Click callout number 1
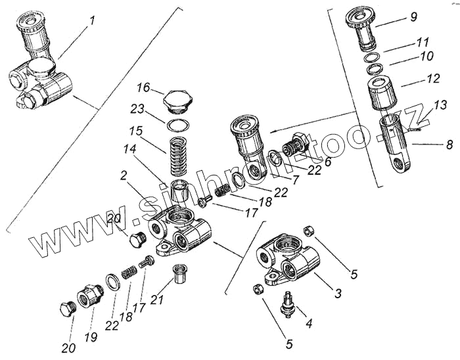click(92, 20)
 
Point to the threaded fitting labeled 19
click(87, 299)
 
